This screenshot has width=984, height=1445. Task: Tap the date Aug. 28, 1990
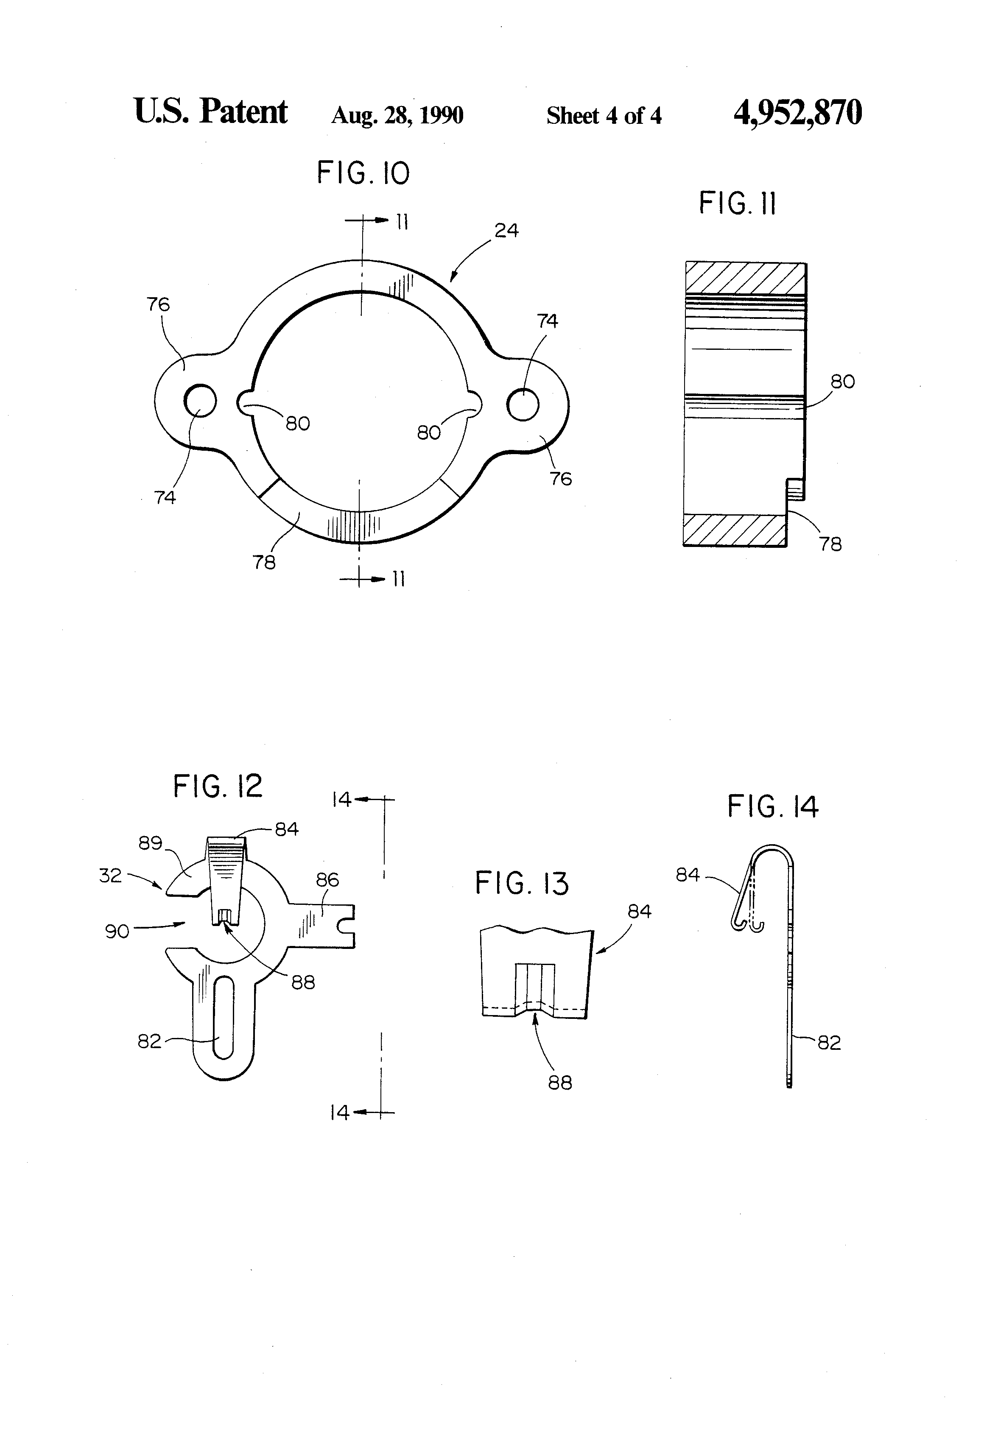click(x=397, y=116)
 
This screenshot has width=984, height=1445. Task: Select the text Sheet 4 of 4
click(x=604, y=116)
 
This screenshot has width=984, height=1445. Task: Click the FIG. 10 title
click(x=363, y=173)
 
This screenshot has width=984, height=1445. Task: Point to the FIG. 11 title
click(x=737, y=204)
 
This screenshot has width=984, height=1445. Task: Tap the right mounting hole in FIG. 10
click(x=523, y=405)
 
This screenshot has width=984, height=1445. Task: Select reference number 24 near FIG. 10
click(x=506, y=231)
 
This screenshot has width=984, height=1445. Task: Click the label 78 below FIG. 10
click(x=264, y=562)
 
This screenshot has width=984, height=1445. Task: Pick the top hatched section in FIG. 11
click(x=745, y=278)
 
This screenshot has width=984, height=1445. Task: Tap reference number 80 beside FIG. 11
click(x=842, y=382)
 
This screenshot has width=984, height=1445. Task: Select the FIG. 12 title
click(x=218, y=787)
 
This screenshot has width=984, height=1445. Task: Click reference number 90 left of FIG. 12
click(x=117, y=932)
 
